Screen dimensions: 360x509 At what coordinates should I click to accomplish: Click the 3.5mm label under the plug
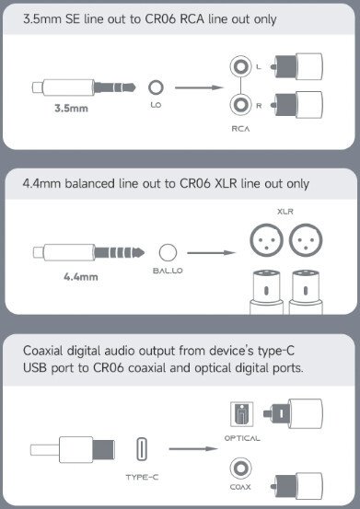tap(71, 108)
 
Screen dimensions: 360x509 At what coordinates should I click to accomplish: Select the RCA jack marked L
tap(240, 66)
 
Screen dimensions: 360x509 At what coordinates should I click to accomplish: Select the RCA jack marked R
tap(240, 105)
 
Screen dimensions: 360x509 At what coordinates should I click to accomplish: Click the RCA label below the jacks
tap(240, 129)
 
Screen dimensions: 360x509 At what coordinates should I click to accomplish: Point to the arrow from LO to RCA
tap(199, 87)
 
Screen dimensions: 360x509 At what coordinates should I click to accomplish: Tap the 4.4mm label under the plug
tap(81, 276)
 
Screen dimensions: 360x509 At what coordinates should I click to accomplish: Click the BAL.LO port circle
tap(168, 252)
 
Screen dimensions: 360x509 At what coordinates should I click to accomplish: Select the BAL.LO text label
tap(168, 271)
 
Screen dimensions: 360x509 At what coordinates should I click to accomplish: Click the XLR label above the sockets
tap(285, 212)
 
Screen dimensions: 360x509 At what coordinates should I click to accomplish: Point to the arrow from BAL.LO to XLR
tap(212, 252)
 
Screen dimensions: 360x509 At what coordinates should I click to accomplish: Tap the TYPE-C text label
tap(142, 477)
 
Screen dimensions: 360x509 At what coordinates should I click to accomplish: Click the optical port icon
tap(241, 414)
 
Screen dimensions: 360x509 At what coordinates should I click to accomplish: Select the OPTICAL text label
tap(242, 438)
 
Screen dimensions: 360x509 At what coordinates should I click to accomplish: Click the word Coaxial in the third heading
tap(43, 351)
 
